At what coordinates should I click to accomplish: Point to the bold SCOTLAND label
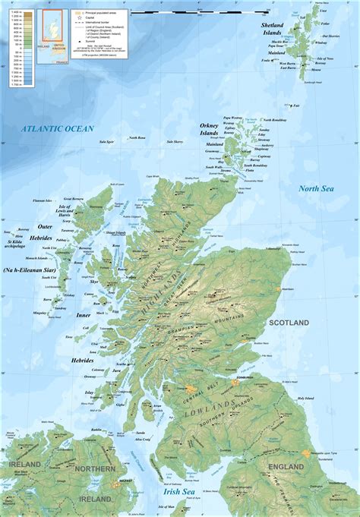click(x=289, y=323)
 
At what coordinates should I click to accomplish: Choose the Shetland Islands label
click(x=272, y=29)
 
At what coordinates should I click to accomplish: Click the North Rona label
click(x=137, y=137)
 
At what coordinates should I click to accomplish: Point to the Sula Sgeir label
click(x=106, y=141)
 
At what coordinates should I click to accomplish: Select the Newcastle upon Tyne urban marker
click(x=305, y=453)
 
